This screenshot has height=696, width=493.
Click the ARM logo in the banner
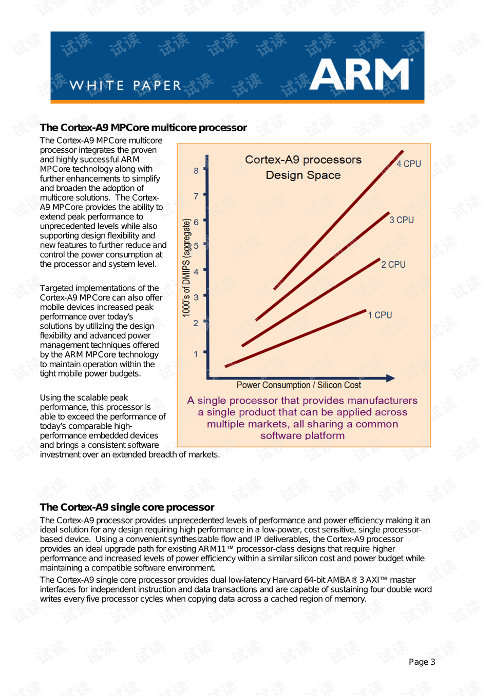click(x=361, y=74)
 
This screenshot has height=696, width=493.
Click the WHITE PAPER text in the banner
click(x=126, y=86)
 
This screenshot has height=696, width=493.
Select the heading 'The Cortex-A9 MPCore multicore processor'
click(x=143, y=128)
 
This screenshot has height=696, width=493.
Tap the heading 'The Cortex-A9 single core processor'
click(x=127, y=507)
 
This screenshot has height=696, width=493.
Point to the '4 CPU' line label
click(x=409, y=164)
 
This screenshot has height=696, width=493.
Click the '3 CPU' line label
click(x=402, y=220)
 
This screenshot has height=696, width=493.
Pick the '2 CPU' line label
click(x=393, y=265)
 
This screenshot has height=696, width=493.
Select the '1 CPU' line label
click(x=380, y=315)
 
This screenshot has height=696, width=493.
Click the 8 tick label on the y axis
click(x=196, y=171)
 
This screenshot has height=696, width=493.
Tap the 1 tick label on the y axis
click(x=196, y=354)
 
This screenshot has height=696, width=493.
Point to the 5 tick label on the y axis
click(x=196, y=246)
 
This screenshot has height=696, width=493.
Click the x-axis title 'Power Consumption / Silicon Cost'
click(x=298, y=385)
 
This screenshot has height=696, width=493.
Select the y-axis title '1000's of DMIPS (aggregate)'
click(x=186, y=268)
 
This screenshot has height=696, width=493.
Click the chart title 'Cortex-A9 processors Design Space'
click(x=303, y=167)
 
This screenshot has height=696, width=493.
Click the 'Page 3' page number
click(x=422, y=662)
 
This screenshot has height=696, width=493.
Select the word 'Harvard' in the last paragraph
click(x=287, y=580)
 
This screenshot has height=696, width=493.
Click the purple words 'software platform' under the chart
click(x=302, y=436)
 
